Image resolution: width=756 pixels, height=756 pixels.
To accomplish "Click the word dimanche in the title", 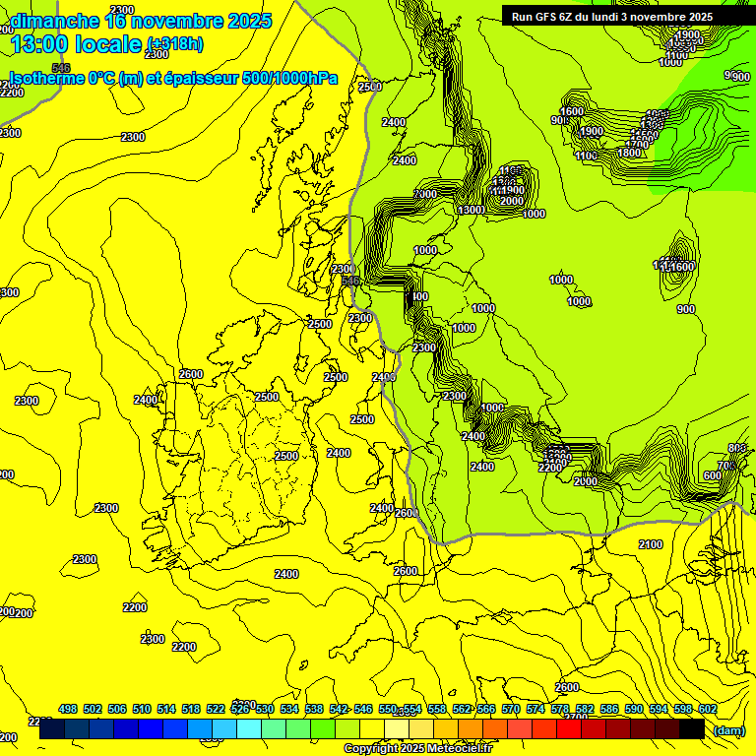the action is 55,21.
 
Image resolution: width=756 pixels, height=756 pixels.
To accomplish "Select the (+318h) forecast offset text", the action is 176,43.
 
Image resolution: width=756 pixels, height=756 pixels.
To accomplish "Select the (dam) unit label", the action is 728,730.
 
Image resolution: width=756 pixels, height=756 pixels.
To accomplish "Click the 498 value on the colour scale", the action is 68,709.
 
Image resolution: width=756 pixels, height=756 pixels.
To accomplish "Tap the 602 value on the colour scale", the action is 708,709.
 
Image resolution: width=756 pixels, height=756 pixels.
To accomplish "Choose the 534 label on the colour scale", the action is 289,709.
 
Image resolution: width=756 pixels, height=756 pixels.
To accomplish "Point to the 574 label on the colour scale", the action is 535,709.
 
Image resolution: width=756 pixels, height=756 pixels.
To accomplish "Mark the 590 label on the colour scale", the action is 634,709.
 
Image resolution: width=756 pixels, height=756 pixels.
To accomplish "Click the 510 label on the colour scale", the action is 142,709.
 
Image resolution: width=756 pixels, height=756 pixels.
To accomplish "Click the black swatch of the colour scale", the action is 693,728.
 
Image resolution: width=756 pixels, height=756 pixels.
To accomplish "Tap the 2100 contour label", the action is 651,544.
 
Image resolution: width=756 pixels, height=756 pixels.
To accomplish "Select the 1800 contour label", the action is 629,153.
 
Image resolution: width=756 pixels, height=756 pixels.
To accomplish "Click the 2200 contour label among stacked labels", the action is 551,468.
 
